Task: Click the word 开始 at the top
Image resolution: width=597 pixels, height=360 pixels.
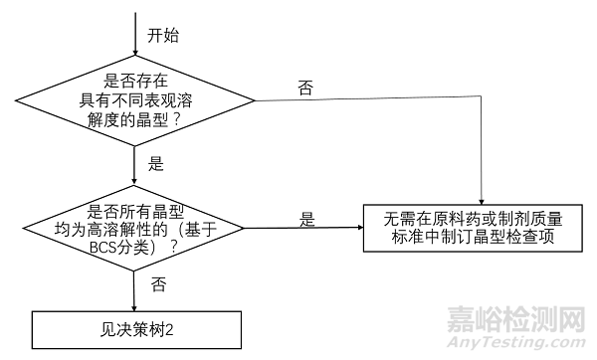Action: click(x=163, y=35)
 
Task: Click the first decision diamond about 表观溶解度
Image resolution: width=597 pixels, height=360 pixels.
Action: click(x=133, y=99)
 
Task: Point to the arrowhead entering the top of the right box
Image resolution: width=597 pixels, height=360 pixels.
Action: click(x=482, y=199)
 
